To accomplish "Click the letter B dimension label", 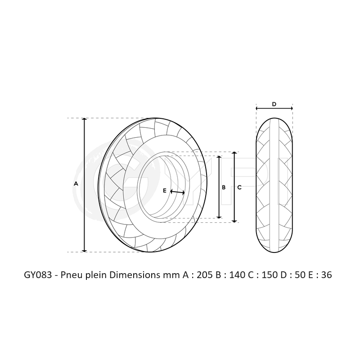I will point(224,187).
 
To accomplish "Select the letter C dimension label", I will point(239,187).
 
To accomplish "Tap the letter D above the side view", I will point(274,104).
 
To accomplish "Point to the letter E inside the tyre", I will point(165,191).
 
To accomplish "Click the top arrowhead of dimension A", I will point(84,120).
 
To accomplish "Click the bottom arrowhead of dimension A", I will point(84,250).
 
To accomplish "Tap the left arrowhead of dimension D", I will point(257,108).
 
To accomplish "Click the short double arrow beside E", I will point(177,192).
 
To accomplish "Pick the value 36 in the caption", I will point(326,275).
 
